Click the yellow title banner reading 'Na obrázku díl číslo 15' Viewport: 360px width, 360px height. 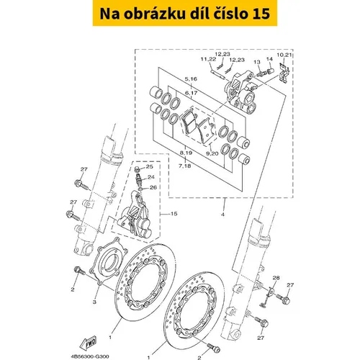point(185,13)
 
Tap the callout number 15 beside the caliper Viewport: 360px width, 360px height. point(174,213)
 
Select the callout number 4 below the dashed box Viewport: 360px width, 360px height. point(222,215)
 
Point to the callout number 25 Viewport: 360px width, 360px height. point(149,166)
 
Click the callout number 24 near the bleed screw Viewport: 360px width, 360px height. point(151,177)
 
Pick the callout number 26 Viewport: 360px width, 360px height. point(153,187)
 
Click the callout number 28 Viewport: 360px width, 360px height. point(276,278)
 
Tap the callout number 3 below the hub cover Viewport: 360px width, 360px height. point(94,302)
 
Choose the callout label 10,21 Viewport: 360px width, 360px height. point(284,55)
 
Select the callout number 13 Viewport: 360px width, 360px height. point(257,62)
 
